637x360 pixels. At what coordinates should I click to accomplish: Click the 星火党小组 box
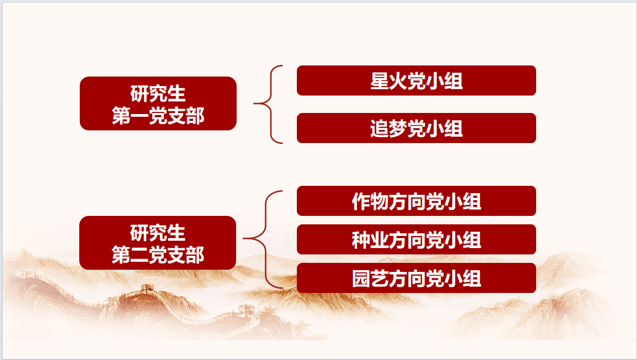pyautogui.click(x=416, y=80)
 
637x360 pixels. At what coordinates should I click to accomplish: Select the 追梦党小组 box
pyautogui.click(x=416, y=128)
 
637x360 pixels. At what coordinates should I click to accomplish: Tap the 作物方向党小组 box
pyautogui.click(x=416, y=201)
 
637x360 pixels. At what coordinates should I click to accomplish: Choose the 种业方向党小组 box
pyautogui.click(x=416, y=239)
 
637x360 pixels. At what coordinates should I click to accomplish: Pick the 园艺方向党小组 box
pyautogui.click(x=416, y=278)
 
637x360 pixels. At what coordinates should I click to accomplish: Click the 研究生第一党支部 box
pyautogui.click(x=158, y=103)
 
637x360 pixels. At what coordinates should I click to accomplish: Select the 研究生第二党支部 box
pyautogui.click(x=157, y=243)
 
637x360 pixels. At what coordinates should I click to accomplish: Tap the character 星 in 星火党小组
pyautogui.click(x=379, y=81)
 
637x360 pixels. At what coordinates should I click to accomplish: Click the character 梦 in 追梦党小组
pyautogui.click(x=398, y=128)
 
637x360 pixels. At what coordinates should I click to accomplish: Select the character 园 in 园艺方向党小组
pyautogui.click(x=361, y=279)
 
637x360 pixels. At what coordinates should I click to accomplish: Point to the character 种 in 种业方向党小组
pyautogui.click(x=361, y=240)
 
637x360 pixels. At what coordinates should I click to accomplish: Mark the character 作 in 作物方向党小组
pyautogui.click(x=361, y=202)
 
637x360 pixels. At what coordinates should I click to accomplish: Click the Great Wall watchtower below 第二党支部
pyautogui.click(x=147, y=289)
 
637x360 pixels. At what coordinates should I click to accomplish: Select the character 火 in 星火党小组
pyautogui.click(x=398, y=81)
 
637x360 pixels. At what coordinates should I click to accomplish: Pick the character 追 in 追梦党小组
pyautogui.click(x=379, y=128)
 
